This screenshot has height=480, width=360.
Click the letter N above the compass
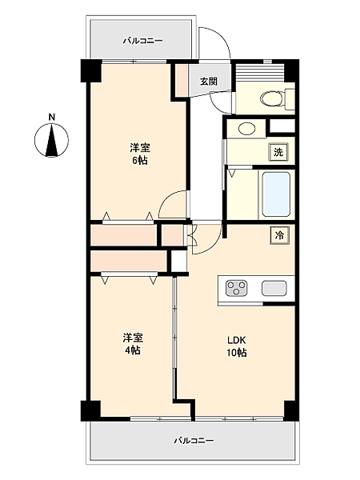(52, 118)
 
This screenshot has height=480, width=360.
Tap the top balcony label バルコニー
(142, 39)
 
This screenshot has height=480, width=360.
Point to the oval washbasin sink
(246, 128)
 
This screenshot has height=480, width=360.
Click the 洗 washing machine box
(278, 151)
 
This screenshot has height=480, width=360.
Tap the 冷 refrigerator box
(279, 235)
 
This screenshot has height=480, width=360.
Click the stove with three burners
(238, 288)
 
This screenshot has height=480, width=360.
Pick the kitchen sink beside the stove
(274, 288)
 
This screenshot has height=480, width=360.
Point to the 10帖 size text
(235, 352)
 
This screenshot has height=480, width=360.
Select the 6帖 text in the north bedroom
(141, 160)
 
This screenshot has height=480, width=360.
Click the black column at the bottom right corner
(290, 410)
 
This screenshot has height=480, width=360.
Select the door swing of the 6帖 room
(171, 205)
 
